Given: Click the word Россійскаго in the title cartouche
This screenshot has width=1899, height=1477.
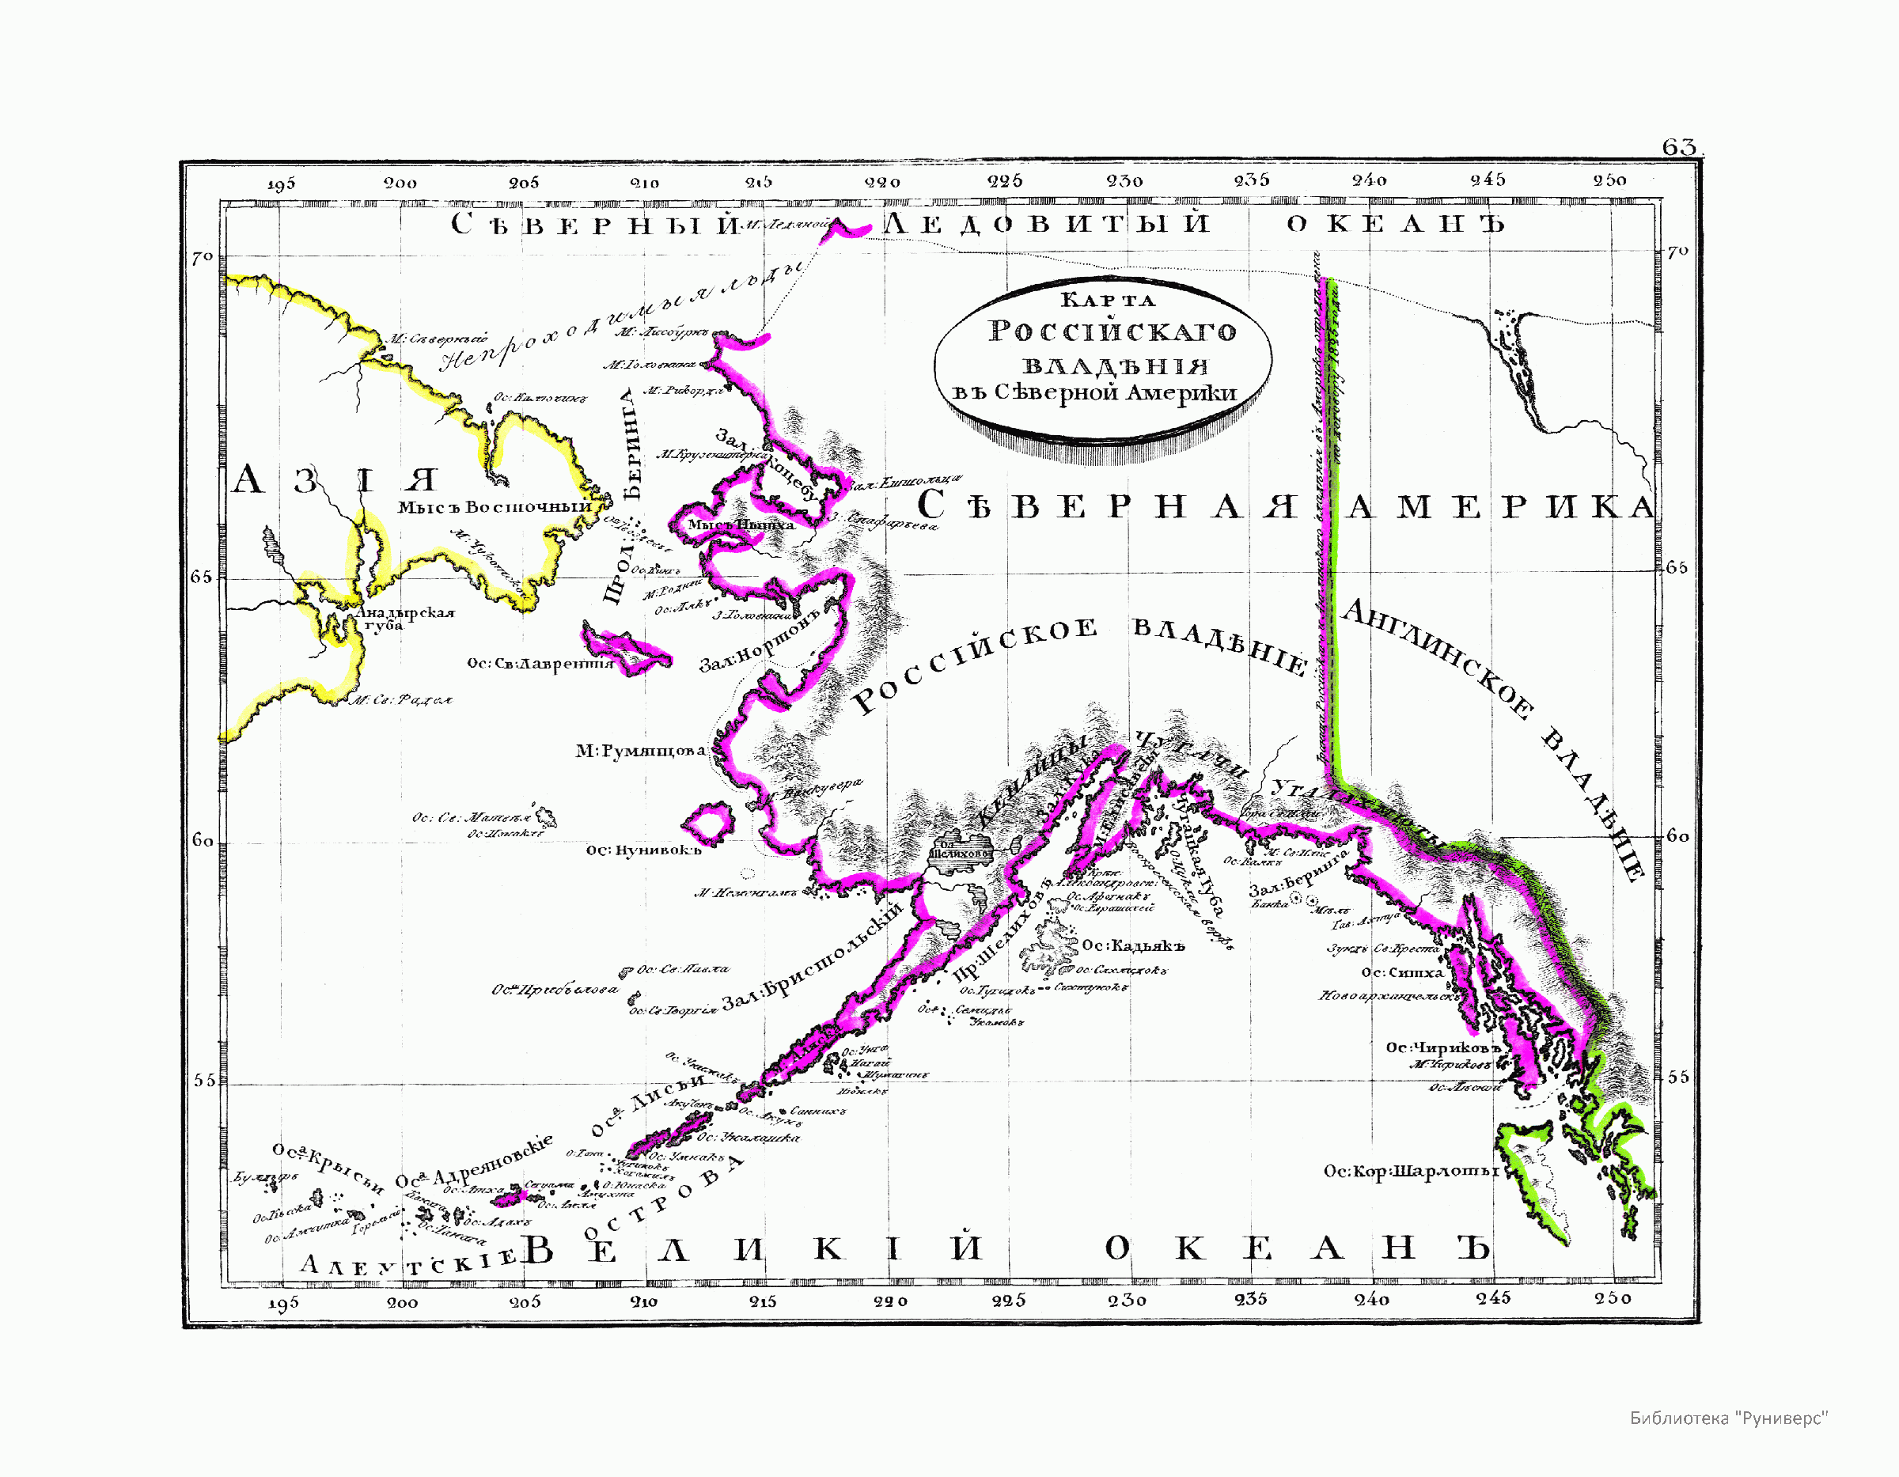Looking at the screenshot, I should coord(1112,331).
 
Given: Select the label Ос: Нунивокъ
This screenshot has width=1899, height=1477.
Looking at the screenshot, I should coord(642,850).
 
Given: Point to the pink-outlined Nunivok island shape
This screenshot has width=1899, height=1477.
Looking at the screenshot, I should coord(708,821).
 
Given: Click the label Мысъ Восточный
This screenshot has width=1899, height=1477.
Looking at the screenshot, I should coord(494,507).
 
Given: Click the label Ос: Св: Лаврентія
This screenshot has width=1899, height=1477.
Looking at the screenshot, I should coord(540,663).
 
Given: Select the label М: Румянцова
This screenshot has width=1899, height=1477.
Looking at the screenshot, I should coord(640,750).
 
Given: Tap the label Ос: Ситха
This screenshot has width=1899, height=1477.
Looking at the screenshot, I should coord(1401,973).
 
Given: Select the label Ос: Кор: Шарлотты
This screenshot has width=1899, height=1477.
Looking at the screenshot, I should coord(1410,1172).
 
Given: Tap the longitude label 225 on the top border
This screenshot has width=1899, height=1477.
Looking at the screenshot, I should coord(1004,182).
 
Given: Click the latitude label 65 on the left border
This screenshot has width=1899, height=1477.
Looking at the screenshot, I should coord(201,578).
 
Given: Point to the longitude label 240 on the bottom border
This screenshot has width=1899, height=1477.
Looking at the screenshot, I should coord(1370,1300).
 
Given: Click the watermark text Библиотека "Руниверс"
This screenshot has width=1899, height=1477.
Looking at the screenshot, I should coord(1728,1418).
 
